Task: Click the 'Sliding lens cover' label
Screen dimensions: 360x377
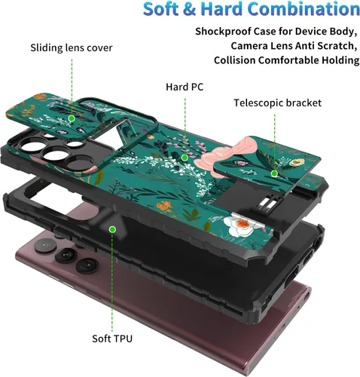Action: tap(72, 48)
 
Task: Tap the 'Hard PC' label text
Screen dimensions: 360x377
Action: tap(185, 87)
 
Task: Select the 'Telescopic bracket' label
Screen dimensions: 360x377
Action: tap(277, 103)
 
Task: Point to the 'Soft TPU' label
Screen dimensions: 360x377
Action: tap(112, 339)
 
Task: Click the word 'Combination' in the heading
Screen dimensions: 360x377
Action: tap(304, 9)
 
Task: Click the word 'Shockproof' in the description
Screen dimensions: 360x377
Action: tap(223, 32)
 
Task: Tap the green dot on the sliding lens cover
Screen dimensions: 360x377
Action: tap(72, 118)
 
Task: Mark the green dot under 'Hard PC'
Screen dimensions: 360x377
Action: tap(185, 158)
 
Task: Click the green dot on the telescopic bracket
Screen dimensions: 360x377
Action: tap(274, 173)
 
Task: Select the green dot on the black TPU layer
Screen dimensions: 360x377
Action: tap(112, 229)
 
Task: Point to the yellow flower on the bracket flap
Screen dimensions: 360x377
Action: tap(297, 162)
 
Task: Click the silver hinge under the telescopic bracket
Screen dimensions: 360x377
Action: tap(267, 203)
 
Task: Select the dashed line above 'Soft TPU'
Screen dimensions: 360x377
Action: tap(112, 282)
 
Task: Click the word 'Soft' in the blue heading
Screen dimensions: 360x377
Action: tap(161, 9)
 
